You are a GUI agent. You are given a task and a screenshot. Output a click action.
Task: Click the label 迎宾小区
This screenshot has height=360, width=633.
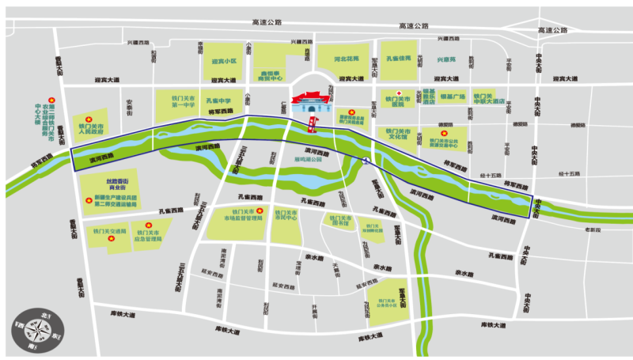tap(225, 60)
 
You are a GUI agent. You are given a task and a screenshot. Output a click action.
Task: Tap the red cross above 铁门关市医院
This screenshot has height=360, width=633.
tap(399, 92)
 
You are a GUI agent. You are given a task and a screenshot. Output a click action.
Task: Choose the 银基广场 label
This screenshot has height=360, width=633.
tap(452, 97)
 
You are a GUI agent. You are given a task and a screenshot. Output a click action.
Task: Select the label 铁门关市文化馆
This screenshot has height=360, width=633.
tap(397, 135)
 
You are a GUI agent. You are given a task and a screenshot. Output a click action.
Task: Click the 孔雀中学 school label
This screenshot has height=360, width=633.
tap(218, 101)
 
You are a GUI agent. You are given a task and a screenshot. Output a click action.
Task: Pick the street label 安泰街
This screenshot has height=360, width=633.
tap(129, 105)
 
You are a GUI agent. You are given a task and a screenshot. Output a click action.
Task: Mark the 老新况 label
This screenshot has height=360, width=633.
tap(593, 230)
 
